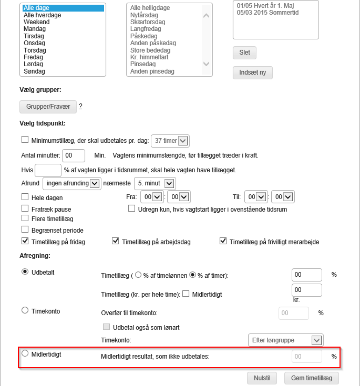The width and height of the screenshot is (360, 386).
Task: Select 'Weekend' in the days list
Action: click(36, 22)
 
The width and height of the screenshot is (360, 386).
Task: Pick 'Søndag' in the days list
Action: click(34, 71)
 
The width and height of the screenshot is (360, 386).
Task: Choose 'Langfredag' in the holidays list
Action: click(146, 29)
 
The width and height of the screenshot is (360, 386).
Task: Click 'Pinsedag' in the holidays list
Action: click(143, 64)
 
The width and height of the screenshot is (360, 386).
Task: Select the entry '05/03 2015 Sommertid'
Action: click(267, 12)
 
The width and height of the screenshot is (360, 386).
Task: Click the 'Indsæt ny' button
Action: click(252, 73)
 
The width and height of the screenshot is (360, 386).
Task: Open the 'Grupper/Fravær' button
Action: click(48, 107)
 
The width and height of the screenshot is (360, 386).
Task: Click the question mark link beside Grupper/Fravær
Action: click(80, 106)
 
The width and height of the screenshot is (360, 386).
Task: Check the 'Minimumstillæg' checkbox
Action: click(25, 140)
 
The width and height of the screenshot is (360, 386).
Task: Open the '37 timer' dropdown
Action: click(170, 141)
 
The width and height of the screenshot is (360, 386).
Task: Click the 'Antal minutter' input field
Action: click(74, 155)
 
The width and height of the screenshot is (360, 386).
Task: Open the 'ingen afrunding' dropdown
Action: click(72, 183)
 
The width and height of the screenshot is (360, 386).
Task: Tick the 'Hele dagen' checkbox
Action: click(25, 197)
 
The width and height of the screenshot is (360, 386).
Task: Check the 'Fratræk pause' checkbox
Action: click(25, 208)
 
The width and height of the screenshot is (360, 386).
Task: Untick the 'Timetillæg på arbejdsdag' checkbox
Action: click(115, 241)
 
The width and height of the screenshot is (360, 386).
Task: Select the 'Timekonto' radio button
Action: click(25, 311)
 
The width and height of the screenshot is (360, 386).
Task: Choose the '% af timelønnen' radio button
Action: click(138, 275)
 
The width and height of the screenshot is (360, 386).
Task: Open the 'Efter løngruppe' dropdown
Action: click(285, 340)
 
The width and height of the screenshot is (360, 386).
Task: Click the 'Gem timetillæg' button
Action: click(311, 378)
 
